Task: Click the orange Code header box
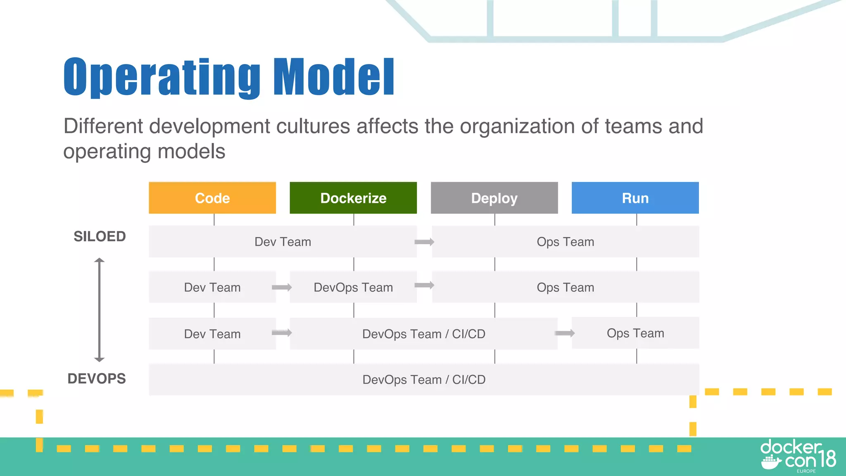point(212,198)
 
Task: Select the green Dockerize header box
point(353,198)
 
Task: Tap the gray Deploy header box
point(494,198)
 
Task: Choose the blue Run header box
point(635,198)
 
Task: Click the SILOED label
point(100,236)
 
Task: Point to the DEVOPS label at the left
point(97,378)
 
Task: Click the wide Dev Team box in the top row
point(283,242)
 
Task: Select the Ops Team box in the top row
point(565,242)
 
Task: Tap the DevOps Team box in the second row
point(353,287)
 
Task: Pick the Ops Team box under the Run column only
point(635,333)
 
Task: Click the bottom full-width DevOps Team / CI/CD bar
point(424,379)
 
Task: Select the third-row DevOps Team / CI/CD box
point(424,334)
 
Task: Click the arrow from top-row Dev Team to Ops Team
point(424,242)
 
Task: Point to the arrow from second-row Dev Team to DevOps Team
point(282,288)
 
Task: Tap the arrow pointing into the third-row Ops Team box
point(565,333)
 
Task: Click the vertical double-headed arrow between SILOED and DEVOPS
point(99,310)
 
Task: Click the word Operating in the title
point(162,77)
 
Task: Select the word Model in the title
point(334,77)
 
